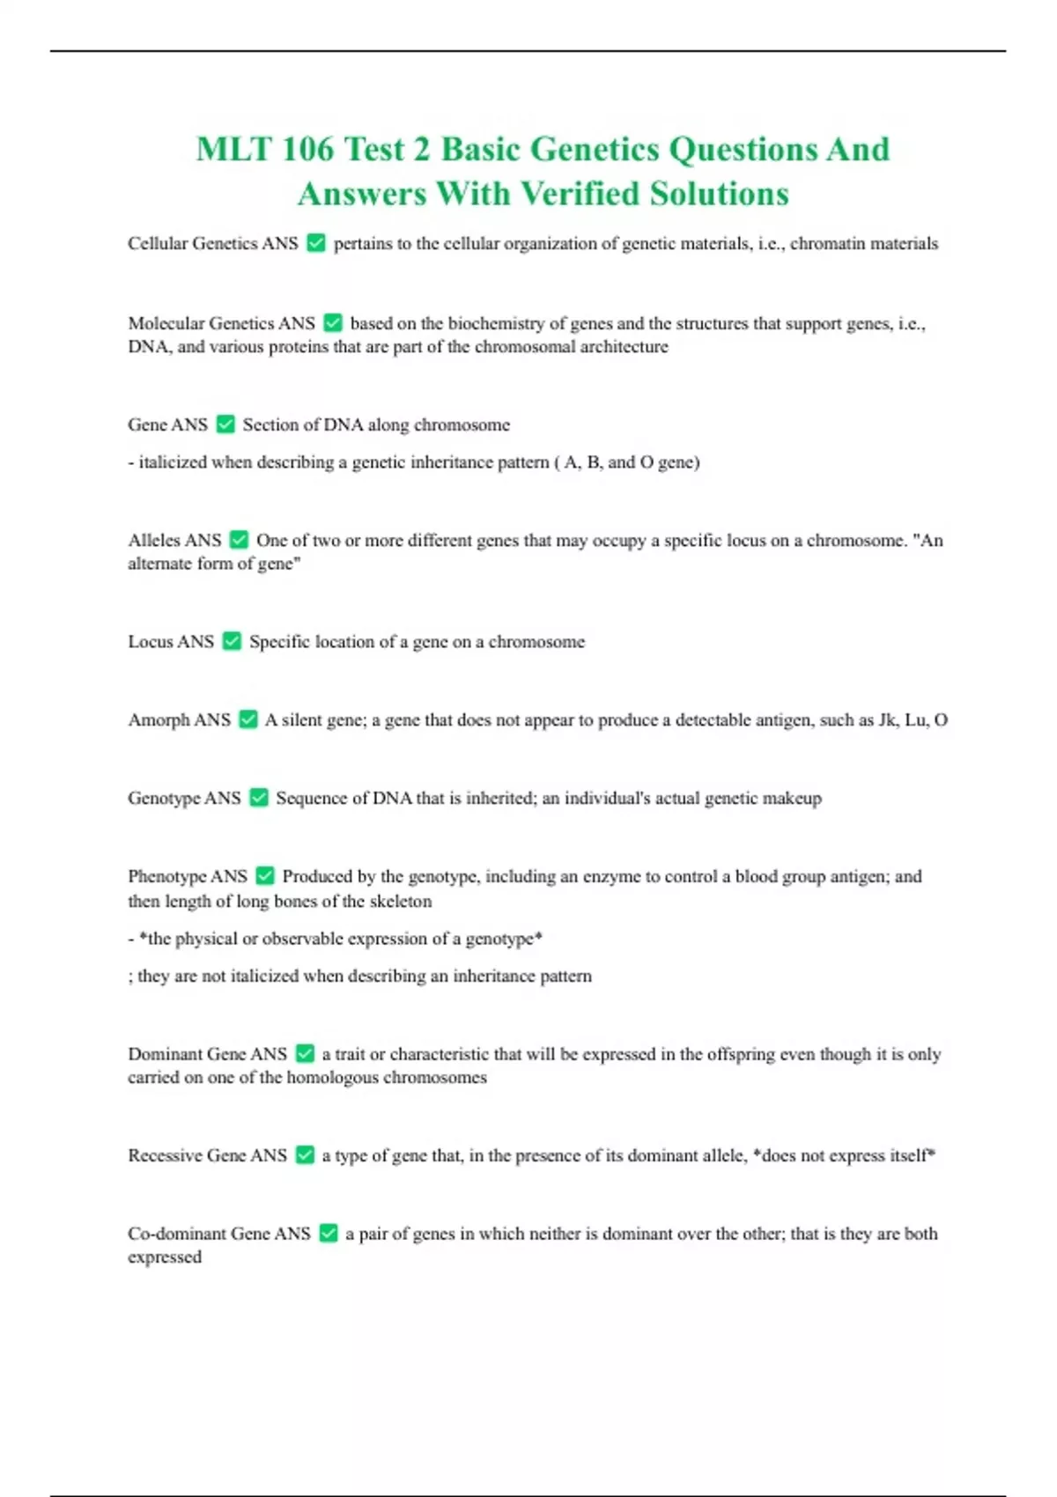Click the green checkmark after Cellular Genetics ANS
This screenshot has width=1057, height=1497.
(x=315, y=243)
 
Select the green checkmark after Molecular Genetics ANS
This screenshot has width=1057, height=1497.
(x=332, y=323)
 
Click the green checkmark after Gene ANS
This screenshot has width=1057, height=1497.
(x=225, y=424)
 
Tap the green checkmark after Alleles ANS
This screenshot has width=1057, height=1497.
(x=239, y=540)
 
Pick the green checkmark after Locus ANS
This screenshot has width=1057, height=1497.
(x=232, y=641)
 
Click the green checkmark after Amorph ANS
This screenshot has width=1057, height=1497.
(x=248, y=719)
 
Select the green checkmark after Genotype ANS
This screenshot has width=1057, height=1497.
(x=258, y=798)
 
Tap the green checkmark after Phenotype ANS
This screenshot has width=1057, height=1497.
(x=265, y=876)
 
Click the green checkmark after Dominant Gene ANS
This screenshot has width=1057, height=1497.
(x=305, y=1053)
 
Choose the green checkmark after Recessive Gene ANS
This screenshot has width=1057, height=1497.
(x=305, y=1154)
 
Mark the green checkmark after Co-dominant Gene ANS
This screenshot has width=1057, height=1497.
(x=329, y=1233)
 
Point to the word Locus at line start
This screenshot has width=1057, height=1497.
(x=150, y=641)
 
